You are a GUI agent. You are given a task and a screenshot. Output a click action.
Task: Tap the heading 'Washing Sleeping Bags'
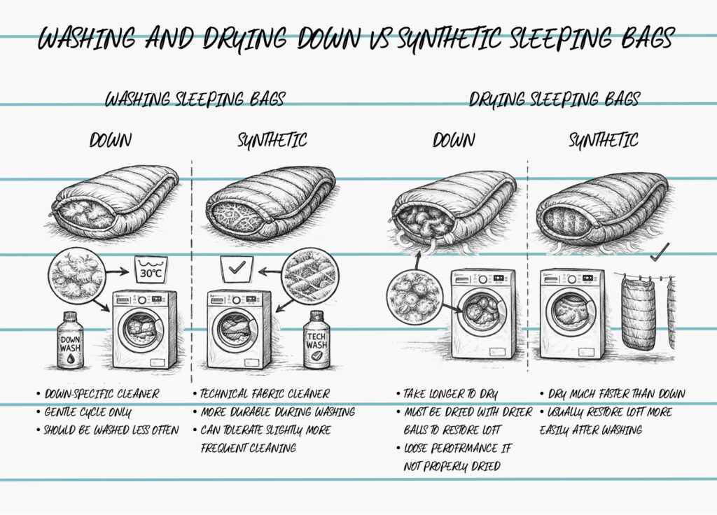pos(195,99)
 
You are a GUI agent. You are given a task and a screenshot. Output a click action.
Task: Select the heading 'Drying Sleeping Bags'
pos(554,99)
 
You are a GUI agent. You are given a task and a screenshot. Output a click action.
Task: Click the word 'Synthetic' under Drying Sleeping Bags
pos(603,140)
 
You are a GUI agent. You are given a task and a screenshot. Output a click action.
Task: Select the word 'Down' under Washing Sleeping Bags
pos(110,140)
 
